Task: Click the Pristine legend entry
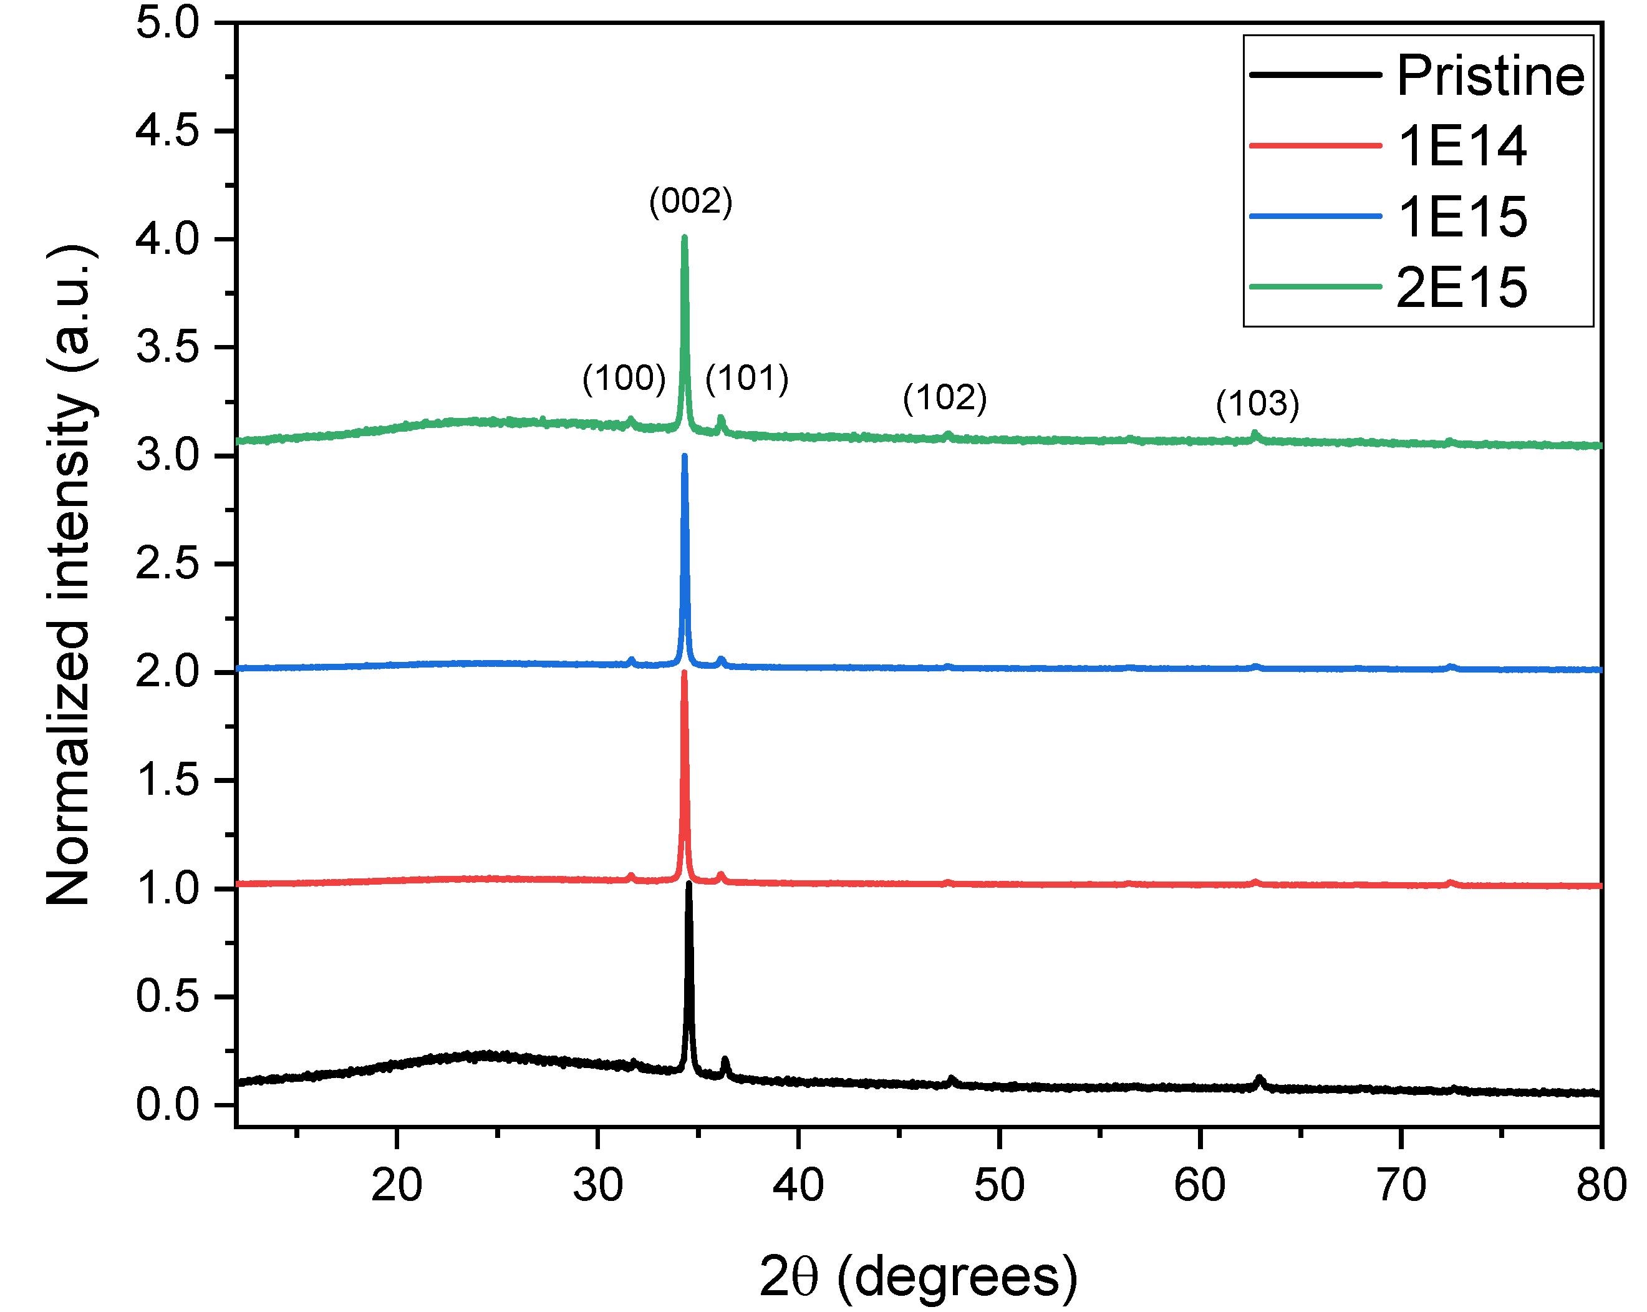[x=1490, y=75]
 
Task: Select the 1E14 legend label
[x=1461, y=146]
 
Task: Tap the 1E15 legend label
[x=1461, y=217]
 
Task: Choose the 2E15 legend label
[x=1461, y=288]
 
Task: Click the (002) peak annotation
[x=690, y=201]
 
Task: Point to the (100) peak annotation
[x=624, y=378]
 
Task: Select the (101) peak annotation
[x=746, y=378]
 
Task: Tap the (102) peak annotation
[x=944, y=398]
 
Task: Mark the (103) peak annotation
[x=1257, y=404]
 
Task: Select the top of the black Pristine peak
[x=688, y=884]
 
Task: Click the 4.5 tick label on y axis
[x=167, y=130]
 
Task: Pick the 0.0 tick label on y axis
[x=167, y=1105]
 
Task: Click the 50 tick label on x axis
[x=998, y=1185]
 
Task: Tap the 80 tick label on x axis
[x=1601, y=1185]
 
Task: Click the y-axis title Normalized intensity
[x=70, y=575]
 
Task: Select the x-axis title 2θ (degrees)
[x=917, y=1276]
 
